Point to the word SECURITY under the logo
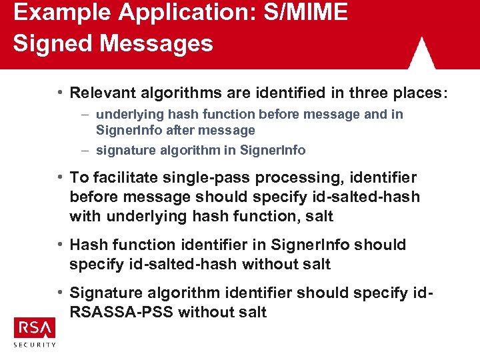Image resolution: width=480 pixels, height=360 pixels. [x=35, y=345]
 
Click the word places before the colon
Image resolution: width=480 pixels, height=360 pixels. [x=413, y=92]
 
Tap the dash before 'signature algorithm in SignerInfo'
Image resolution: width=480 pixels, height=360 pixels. [x=88, y=150]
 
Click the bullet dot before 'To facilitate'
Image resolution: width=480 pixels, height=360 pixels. [x=60, y=177]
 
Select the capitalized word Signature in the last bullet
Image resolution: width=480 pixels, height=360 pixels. [x=107, y=293]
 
